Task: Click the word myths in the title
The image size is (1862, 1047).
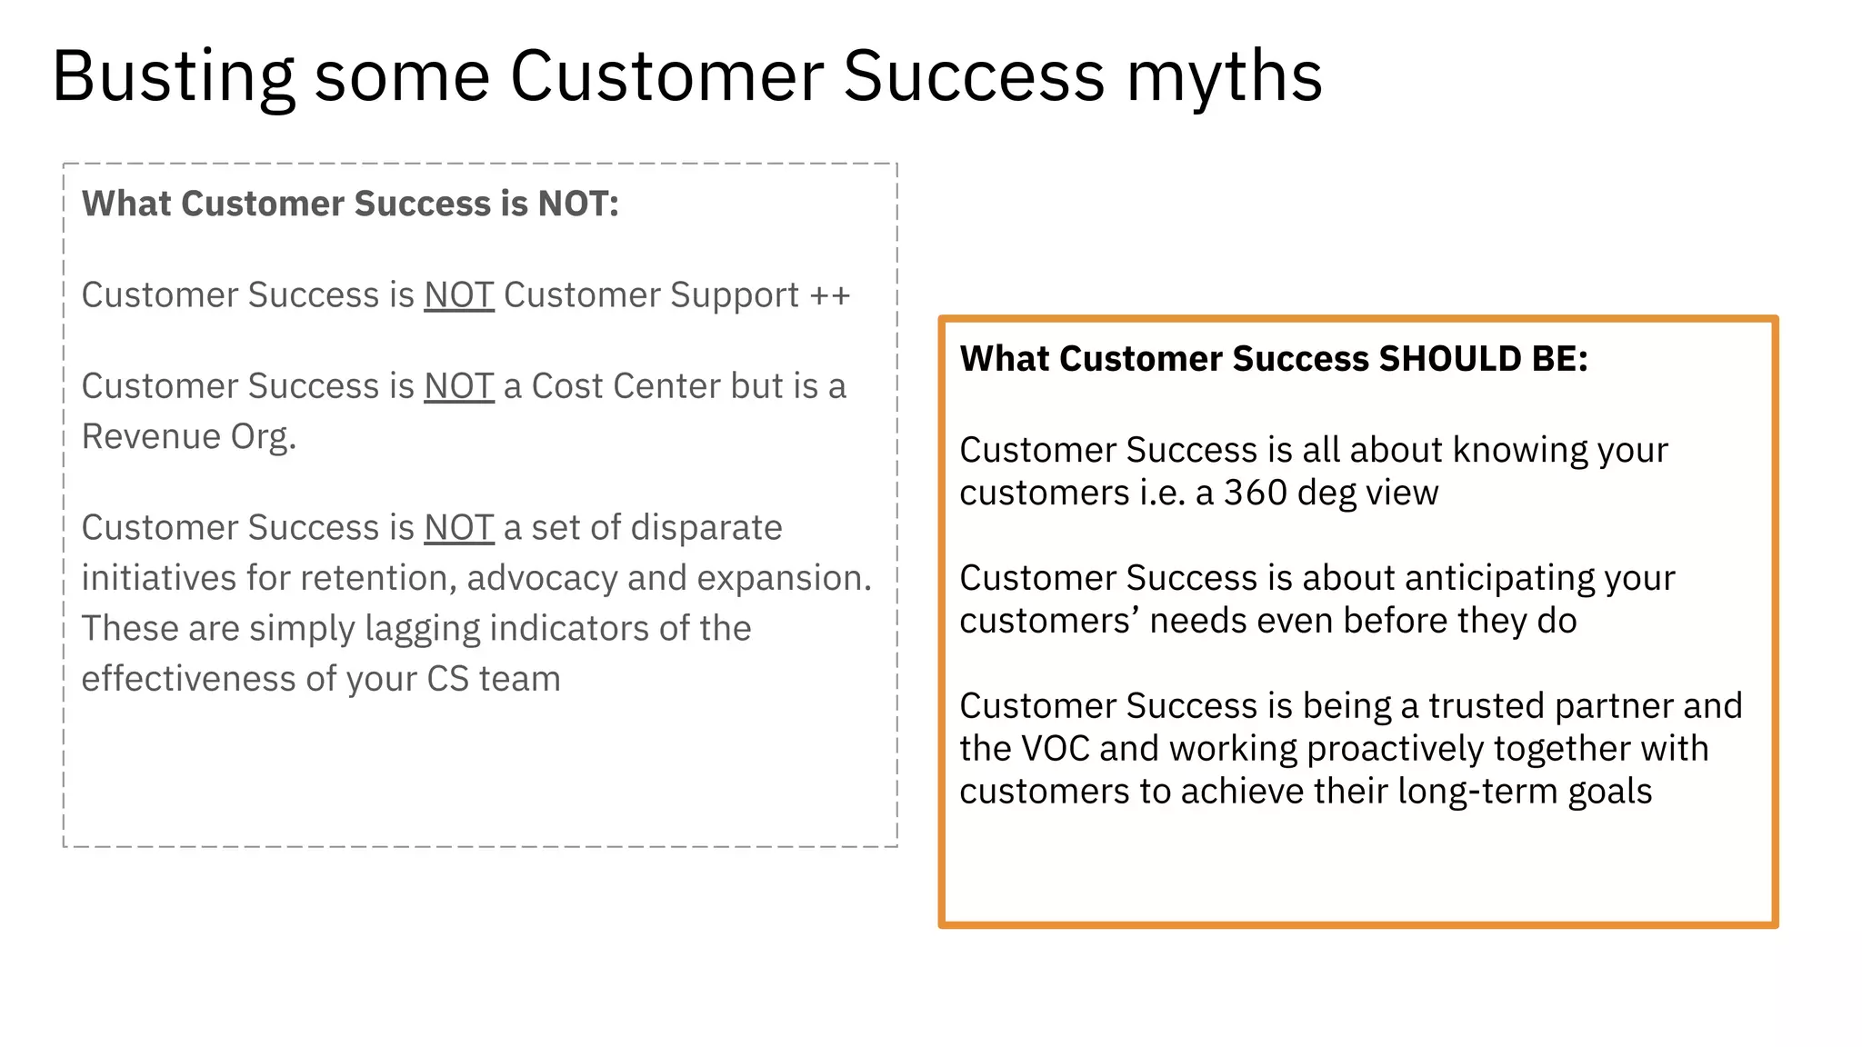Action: click(x=1224, y=76)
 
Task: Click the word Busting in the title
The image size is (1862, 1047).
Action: click(x=173, y=76)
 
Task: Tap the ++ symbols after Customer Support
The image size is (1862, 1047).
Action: click(x=830, y=295)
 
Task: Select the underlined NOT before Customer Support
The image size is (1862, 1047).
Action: click(x=459, y=295)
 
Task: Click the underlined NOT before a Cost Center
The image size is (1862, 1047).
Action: click(x=459, y=386)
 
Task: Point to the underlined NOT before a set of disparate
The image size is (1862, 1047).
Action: click(x=459, y=528)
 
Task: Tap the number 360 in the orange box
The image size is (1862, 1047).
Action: click(x=1255, y=493)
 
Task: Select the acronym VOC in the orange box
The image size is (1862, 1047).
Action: click(x=1055, y=749)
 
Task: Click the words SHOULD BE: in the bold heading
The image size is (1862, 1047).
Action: click(x=1483, y=359)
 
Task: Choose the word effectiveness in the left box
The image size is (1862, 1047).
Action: click(x=188, y=679)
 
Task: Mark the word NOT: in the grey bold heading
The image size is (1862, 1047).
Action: click(x=578, y=204)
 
